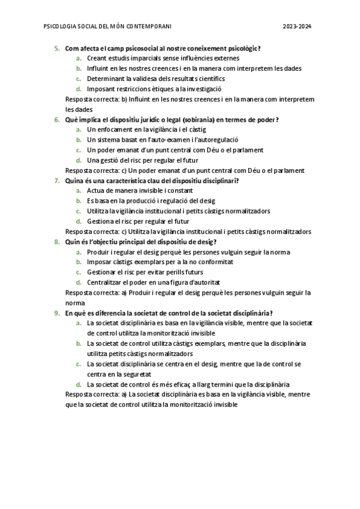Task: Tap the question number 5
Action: click(x=57, y=48)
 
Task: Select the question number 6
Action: click(x=57, y=119)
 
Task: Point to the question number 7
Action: click(x=57, y=181)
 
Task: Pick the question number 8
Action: click(x=57, y=242)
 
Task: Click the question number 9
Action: click(x=57, y=313)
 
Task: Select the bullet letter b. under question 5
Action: click(x=79, y=68)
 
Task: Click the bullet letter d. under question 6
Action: click(x=79, y=160)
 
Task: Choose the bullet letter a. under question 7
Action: click(x=79, y=191)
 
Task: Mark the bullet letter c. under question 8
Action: click(x=79, y=273)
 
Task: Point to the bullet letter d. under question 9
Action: click(x=79, y=385)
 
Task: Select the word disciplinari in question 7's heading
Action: click(x=218, y=181)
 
